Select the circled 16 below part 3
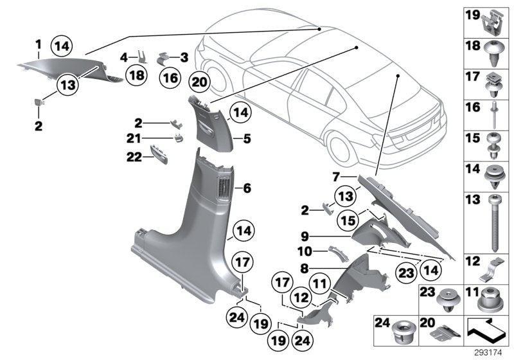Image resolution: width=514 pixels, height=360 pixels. click(169, 78)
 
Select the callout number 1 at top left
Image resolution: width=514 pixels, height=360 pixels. click(38, 44)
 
